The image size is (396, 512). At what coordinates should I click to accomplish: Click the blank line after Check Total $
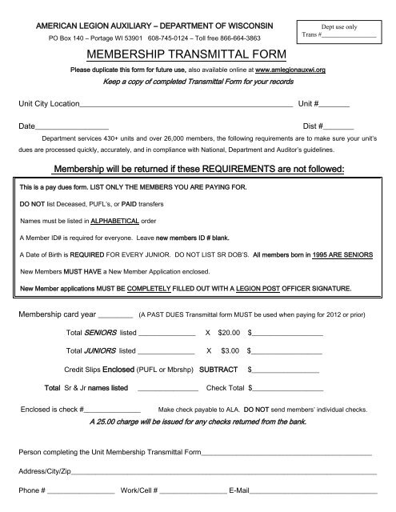tap(289, 390)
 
